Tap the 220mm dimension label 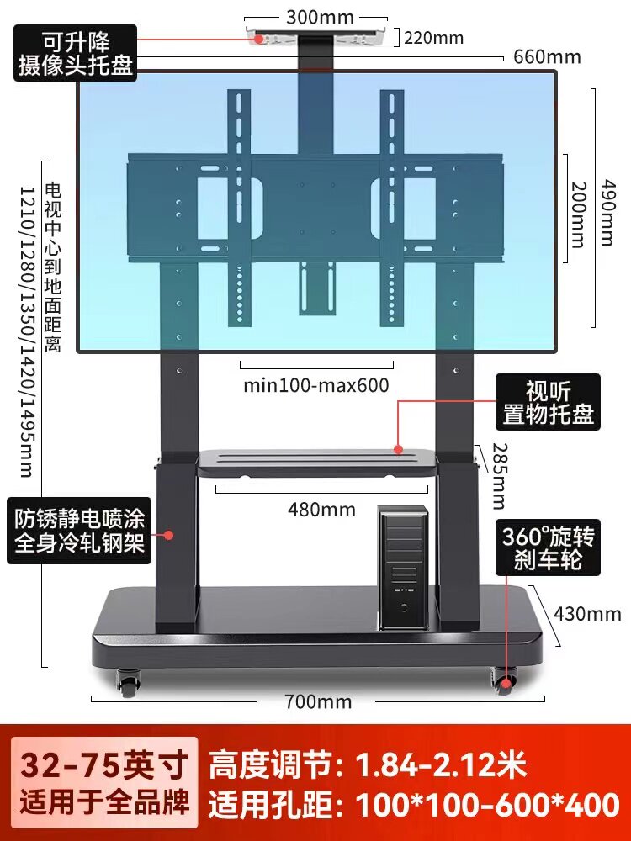[x=434, y=37]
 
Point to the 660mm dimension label [x=547, y=57]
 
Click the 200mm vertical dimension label [x=576, y=214]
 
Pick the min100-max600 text [x=316, y=386]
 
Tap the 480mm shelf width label [x=321, y=510]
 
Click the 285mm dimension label [x=499, y=476]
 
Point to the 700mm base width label [x=318, y=701]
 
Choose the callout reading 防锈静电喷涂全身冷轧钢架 [x=77, y=534]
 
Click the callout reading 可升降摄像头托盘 [x=75, y=53]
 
